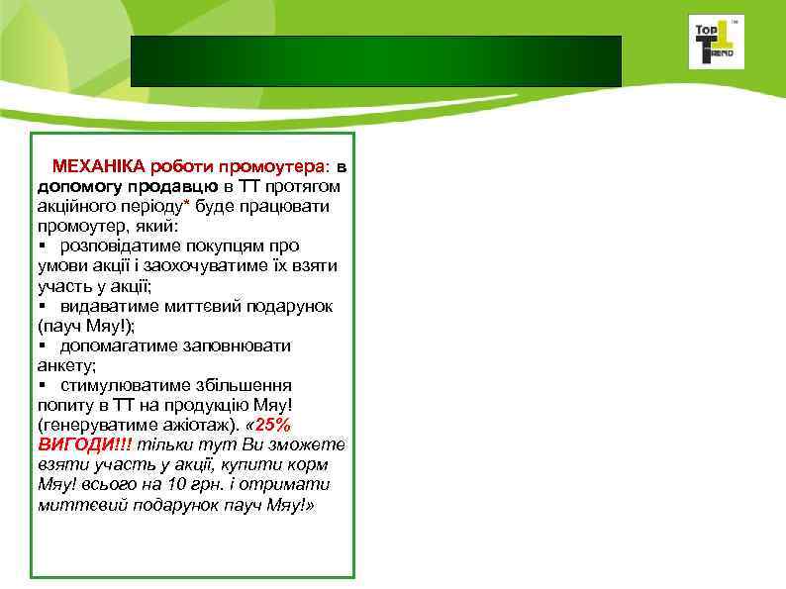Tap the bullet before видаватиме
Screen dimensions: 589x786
tap(44, 306)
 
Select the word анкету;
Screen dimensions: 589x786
tap(66, 365)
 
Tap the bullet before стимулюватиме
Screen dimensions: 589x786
tap(44, 386)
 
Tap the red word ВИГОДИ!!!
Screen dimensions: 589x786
tap(83, 444)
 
